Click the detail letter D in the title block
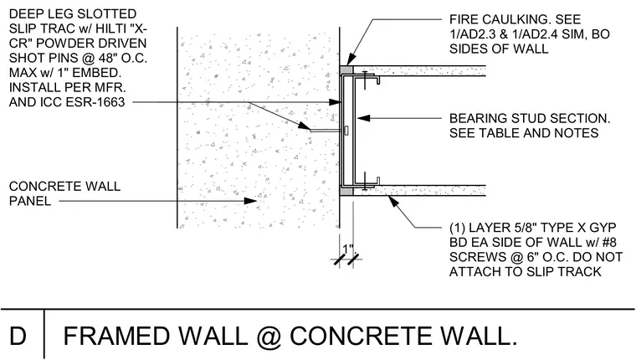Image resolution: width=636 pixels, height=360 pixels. pyautogui.click(x=18, y=336)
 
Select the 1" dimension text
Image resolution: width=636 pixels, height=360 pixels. pyautogui.click(x=348, y=249)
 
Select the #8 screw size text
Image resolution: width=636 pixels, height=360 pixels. pyautogui.click(x=608, y=242)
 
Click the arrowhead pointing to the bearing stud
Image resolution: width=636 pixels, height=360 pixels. pyautogui.click(x=364, y=118)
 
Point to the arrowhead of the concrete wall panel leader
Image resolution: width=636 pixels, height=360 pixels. pyautogui.click(x=250, y=201)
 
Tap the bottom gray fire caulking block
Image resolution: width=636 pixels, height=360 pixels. pyautogui.click(x=346, y=191)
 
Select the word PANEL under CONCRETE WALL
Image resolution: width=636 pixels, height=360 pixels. pyautogui.click(x=30, y=201)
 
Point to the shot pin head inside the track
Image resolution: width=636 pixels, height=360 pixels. pyautogui.click(x=346, y=131)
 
